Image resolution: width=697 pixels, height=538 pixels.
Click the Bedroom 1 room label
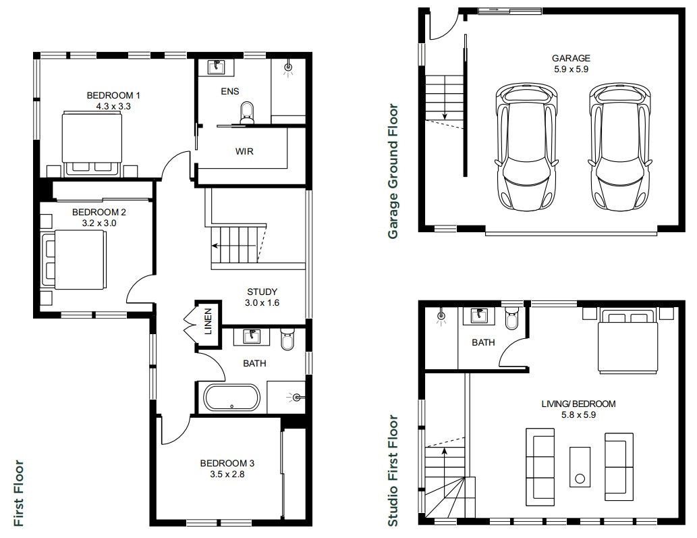[x=113, y=95]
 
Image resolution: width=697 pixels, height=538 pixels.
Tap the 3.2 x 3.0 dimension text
[x=99, y=223]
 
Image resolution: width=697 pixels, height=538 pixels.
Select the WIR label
[x=244, y=152]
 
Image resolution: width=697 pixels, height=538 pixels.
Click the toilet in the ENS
[x=247, y=113]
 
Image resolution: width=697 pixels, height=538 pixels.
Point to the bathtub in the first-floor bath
[x=231, y=398]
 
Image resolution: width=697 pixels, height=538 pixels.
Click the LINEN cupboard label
[x=208, y=321]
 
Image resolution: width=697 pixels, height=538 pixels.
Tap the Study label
[x=262, y=292]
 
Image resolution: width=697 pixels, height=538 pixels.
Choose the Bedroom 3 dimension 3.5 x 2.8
[x=227, y=475]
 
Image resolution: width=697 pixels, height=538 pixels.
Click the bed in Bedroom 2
[x=74, y=260]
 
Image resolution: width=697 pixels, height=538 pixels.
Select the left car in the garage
[x=526, y=146]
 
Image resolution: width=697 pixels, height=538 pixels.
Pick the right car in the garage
[x=620, y=146]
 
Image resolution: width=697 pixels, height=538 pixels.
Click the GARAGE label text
[x=571, y=58]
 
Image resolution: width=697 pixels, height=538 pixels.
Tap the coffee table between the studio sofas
[x=580, y=467]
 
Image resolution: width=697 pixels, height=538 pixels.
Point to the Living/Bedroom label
[x=578, y=404]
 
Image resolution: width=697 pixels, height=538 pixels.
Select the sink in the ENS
[x=217, y=67]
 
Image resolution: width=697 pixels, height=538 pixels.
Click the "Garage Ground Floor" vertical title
[x=393, y=171]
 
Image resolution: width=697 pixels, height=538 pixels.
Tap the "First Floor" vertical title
[x=19, y=493]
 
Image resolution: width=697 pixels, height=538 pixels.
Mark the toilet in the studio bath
[x=511, y=319]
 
